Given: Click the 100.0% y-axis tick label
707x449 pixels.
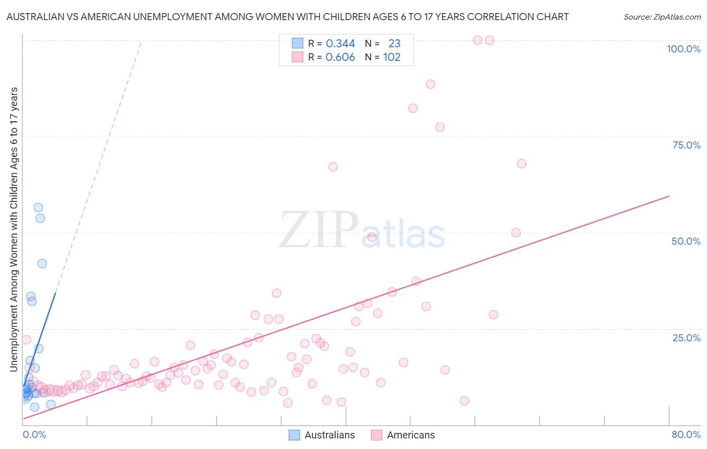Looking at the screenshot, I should click(x=683, y=49).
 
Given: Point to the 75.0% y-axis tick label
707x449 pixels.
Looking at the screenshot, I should click(x=686, y=145).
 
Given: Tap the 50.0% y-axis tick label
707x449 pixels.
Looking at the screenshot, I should click(x=685, y=241).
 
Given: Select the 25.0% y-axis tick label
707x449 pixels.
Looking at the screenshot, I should click(x=686, y=337).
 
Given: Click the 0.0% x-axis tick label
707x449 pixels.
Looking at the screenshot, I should click(x=34, y=434).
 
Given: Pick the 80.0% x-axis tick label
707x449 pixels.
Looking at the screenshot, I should click(x=686, y=434).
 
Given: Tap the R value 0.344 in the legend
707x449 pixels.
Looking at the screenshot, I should click(x=340, y=44).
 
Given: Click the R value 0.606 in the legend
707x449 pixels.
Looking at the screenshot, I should click(x=340, y=57).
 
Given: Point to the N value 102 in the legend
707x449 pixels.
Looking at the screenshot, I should click(x=392, y=57).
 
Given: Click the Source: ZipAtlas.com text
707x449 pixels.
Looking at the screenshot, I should click(x=662, y=17).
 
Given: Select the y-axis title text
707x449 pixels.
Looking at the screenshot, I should click(x=14, y=229).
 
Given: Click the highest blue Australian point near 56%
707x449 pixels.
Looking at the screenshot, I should click(x=38, y=207).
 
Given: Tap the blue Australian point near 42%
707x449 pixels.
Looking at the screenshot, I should click(x=42, y=264).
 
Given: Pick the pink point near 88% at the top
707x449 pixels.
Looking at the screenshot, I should click(x=430, y=84).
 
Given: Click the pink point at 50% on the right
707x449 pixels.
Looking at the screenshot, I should click(x=516, y=233).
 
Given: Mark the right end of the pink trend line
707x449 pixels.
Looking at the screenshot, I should click(x=669, y=195).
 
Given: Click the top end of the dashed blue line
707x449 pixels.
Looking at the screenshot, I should click(x=141, y=43).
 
